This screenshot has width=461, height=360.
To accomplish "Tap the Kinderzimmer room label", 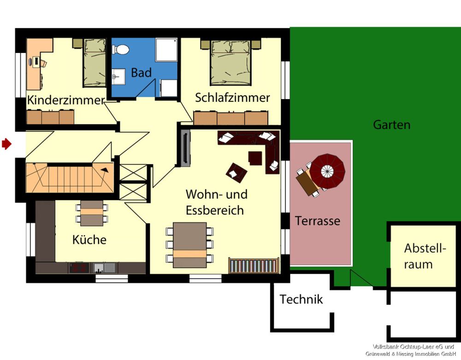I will [66, 100].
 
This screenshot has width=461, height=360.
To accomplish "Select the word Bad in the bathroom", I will [141, 73].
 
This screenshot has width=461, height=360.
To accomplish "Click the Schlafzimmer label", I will [232, 98].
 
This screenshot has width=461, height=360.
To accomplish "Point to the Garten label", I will [391, 125].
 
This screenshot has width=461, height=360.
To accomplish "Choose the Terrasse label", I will [318, 221].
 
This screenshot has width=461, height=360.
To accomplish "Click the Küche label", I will [89, 240].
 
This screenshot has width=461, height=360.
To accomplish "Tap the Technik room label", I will [301, 300].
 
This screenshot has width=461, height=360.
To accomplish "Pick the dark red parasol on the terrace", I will [327, 171].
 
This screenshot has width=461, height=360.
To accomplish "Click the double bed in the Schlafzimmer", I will [230, 62].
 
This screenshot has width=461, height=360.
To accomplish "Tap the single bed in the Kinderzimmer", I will [95, 62].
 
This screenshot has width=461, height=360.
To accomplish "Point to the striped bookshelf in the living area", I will [254, 266].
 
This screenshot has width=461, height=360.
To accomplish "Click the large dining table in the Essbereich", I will [189, 245].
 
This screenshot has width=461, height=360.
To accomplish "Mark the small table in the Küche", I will [92, 212].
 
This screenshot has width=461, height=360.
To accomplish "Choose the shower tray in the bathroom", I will [166, 50].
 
